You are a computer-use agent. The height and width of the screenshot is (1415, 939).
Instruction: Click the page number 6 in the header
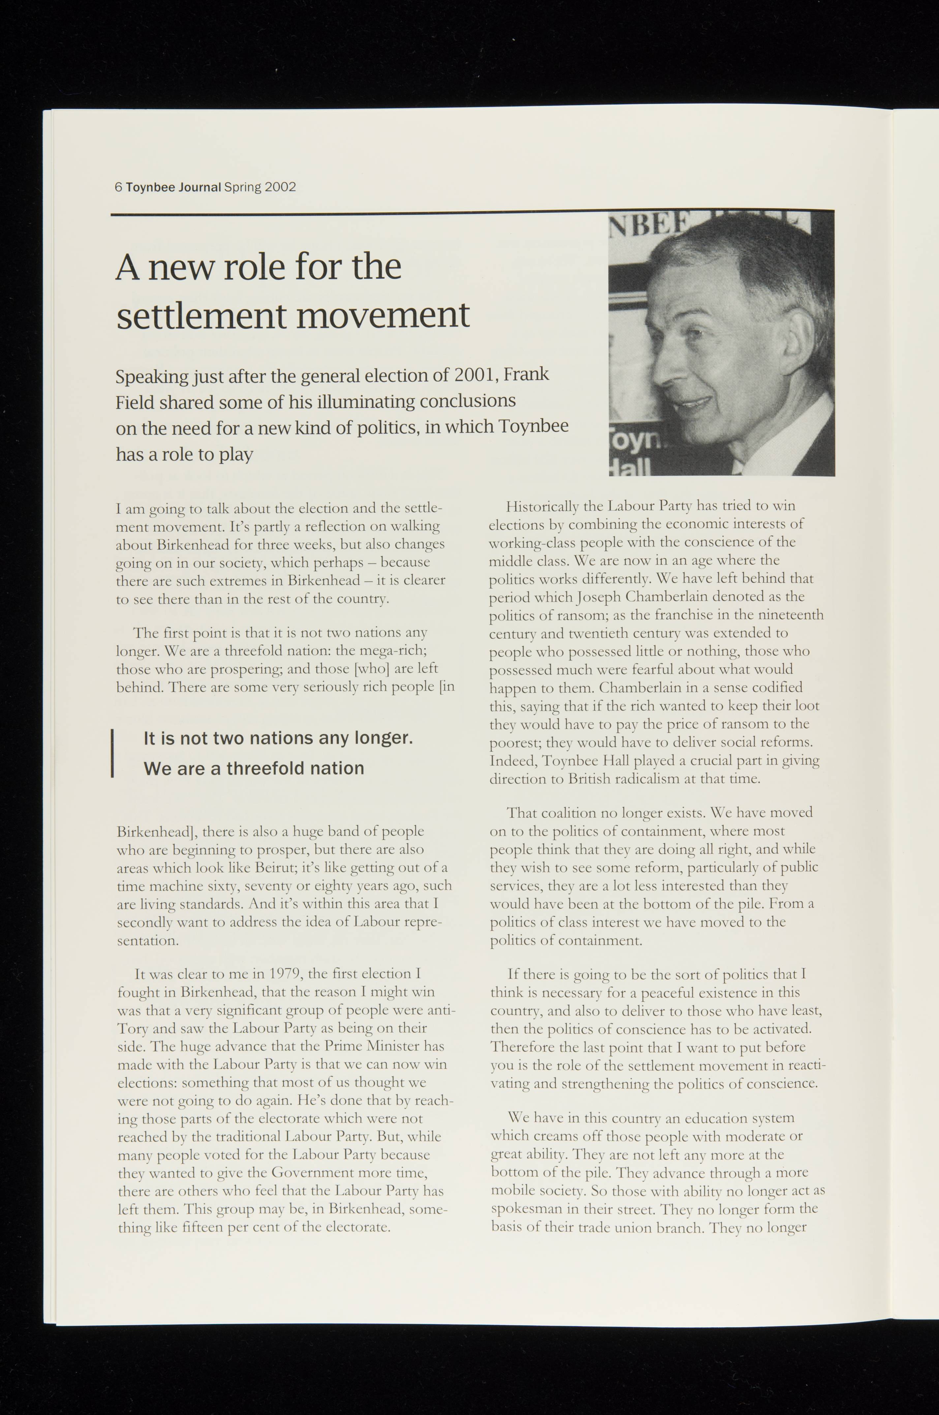(118, 187)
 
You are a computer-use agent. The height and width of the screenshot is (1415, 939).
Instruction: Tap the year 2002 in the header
(280, 187)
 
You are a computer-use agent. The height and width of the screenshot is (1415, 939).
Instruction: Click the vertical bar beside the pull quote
(112, 753)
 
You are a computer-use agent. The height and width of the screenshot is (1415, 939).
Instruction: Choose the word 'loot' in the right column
(807, 706)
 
